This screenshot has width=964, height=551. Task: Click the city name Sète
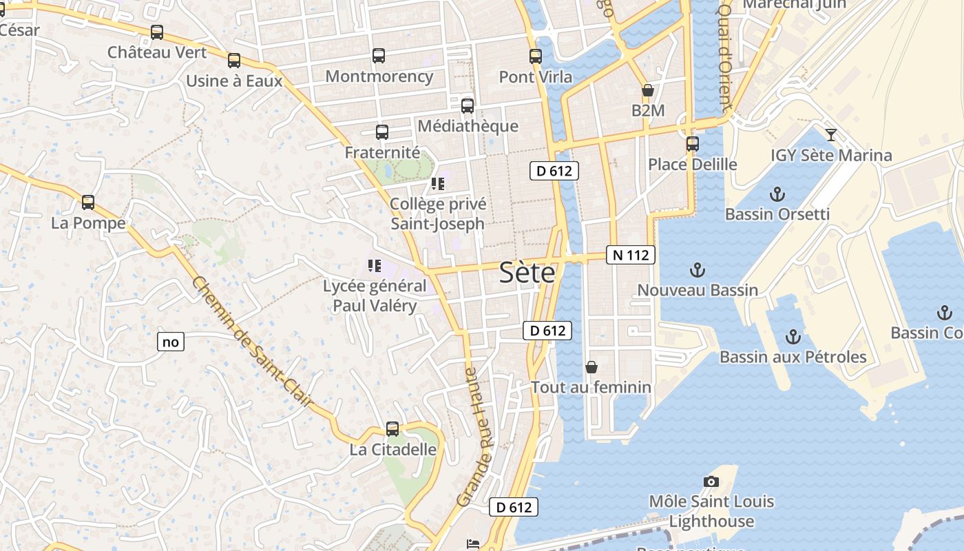(527, 273)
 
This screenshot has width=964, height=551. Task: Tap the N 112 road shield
(630, 255)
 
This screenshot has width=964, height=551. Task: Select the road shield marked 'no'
(171, 341)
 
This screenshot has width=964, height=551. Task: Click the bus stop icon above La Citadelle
(392, 428)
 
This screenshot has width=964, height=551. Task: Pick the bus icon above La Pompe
(88, 202)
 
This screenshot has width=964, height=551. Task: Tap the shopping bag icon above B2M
(647, 90)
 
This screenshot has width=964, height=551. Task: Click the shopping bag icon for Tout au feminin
(591, 367)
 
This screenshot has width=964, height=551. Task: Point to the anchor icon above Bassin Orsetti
(777, 194)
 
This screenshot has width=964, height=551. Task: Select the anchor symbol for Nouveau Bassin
(698, 270)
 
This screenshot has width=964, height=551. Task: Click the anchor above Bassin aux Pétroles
(793, 337)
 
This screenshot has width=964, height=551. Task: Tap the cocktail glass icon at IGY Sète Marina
(831, 134)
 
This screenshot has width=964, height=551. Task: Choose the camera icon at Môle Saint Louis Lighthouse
(711, 481)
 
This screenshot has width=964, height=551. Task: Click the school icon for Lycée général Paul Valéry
(375, 265)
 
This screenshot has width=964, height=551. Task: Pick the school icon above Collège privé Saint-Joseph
(438, 184)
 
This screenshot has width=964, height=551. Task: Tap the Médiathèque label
(468, 126)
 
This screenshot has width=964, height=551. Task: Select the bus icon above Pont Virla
(536, 56)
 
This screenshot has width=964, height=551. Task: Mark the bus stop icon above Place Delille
(693, 144)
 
